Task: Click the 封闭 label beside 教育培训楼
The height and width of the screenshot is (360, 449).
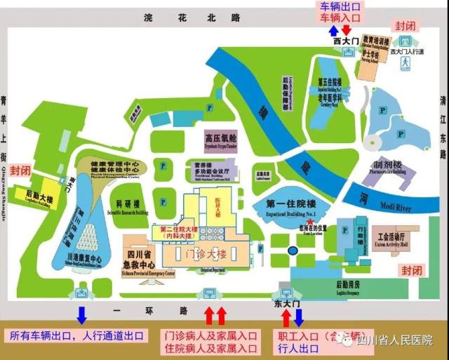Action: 405,25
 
